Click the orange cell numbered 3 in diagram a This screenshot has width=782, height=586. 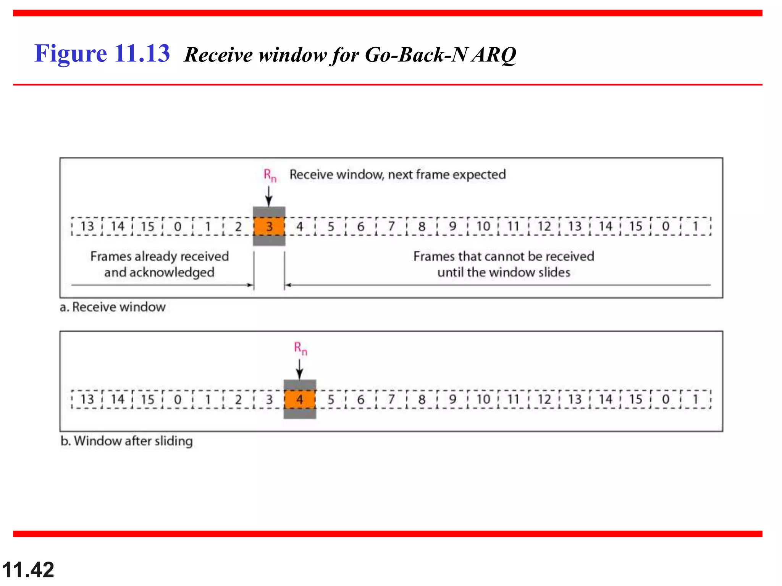click(269, 226)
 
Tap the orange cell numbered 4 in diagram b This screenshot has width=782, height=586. click(300, 399)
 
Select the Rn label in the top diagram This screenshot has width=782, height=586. click(270, 175)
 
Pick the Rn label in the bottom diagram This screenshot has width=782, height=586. click(301, 348)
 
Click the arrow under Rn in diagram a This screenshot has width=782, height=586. click(269, 197)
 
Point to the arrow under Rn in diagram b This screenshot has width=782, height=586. click(300, 369)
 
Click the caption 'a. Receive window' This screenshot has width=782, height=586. click(113, 307)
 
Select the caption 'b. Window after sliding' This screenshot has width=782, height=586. click(126, 441)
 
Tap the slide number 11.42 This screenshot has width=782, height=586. click(28, 570)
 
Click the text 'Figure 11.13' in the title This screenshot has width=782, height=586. click(102, 53)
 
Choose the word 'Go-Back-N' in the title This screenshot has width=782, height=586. click(416, 55)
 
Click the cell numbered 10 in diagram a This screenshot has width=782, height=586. click(483, 226)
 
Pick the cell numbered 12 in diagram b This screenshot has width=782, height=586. click(544, 399)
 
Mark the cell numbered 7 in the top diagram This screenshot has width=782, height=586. click(391, 226)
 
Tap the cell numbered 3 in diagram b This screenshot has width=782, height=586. click(269, 399)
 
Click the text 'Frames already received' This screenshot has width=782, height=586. click(160, 256)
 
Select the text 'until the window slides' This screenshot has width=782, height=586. click(504, 272)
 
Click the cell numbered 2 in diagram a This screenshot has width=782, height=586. click(238, 226)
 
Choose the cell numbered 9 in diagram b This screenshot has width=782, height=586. click(452, 399)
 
